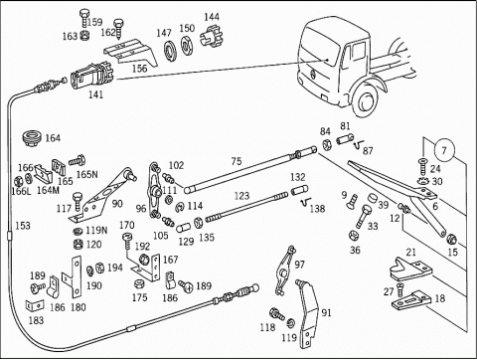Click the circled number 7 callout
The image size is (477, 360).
(x=444, y=150)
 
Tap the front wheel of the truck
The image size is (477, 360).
(x=367, y=99)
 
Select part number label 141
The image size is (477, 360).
(x=95, y=94)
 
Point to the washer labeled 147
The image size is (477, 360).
(x=170, y=51)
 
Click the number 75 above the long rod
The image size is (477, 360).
(x=237, y=161)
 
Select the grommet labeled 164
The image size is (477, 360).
(x=32, y=139)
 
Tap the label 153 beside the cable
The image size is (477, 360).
(x=23, y=226)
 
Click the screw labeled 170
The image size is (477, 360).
(x=127, y=242)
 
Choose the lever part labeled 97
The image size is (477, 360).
(x=285, y=270)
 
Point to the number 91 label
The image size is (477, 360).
(x=326, y=312)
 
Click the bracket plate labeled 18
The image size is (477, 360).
(x=410, y=299)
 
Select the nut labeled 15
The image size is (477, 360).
(x=451, y=239)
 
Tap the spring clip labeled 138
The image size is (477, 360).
(x=304, y=202)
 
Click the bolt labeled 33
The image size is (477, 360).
(x=363, y=217)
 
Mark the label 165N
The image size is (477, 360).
(x=86, y=174)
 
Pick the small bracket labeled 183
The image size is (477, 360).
(x=35, y=305)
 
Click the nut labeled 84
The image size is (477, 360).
(x=327, y=145)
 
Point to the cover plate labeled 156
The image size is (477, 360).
(x=130, y=53)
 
